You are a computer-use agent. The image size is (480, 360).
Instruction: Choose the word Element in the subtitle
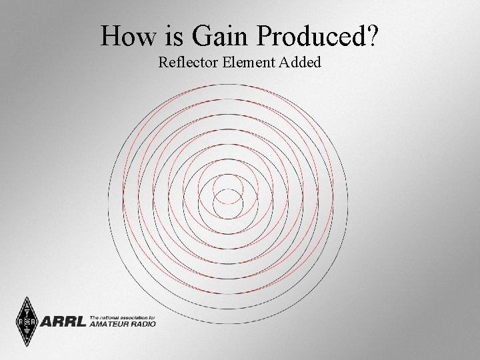coord(251,63)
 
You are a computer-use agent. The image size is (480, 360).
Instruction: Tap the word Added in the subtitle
coord(303,63)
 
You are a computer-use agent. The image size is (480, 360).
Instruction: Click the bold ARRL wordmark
coord(64,322)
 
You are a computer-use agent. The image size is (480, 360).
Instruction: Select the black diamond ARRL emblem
coord(26,321)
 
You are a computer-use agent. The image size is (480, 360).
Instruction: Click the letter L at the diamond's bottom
coord(26,337)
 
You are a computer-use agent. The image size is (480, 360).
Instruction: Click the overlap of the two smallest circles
coord(228,197)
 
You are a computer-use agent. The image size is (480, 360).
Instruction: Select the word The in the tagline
coord(95,316)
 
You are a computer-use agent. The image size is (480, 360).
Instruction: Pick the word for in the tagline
coord(152,316)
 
